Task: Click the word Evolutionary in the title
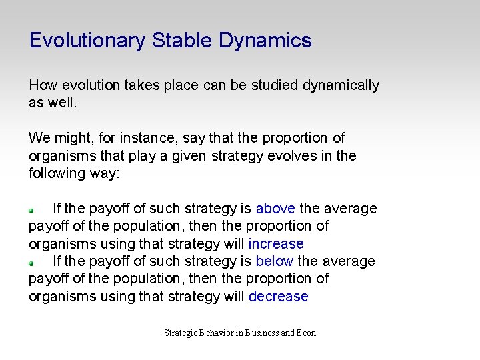(x=87, y=41)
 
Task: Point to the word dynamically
(x=341, y=85)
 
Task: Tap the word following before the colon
(x=59, y=173)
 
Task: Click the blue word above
(x=275, y=209)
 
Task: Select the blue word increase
(x=275, y=244)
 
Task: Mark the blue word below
(x=274, y=261)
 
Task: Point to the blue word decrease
(x=278, y=297)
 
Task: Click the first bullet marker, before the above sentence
(x=31, y=209)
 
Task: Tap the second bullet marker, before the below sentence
(x=31, y=263)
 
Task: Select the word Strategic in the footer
(x=180, y=333)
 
